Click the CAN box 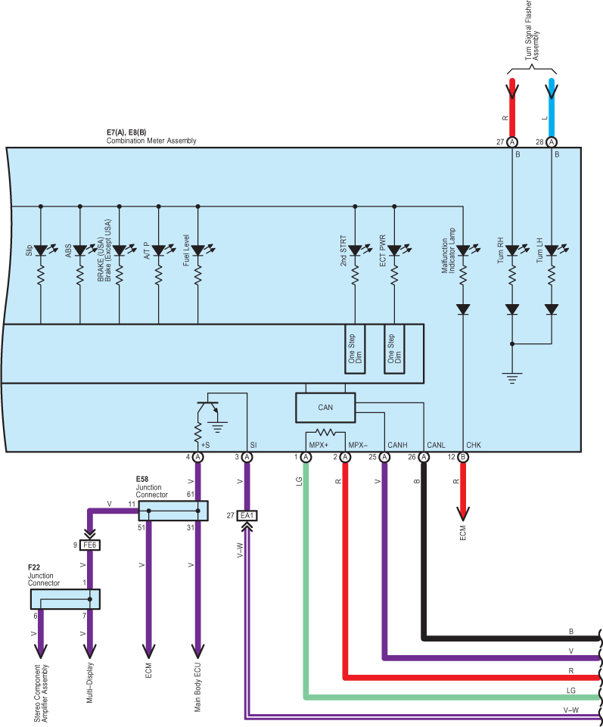[x=325, y=407]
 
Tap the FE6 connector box [x=90, y=544]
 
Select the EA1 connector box [x=247, y=515]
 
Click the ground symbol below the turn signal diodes [x=512, y=377]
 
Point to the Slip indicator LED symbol [x=40, y=249]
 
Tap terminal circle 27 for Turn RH [x=512, y=142]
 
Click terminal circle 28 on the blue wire [x=552, y=142]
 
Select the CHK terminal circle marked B [x=463, y=457]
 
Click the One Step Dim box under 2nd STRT [x=355, y=348]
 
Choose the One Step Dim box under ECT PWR [x=394, y=348]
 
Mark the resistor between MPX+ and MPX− [x=325, y=433]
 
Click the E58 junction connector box [x=173, y=511]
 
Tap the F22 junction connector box [x=65, y=599]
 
